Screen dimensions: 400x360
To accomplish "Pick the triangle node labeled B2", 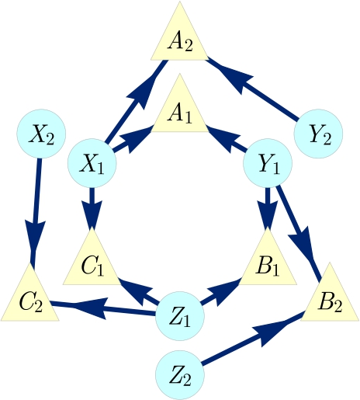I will (x=328, y=300).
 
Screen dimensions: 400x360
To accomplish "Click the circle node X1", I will (x=92, y=164).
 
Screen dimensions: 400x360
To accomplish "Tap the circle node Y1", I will (x=268, y=164).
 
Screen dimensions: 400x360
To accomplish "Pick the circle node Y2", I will (x=320, y=134).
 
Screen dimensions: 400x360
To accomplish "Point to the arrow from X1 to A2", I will (x=137, y=102).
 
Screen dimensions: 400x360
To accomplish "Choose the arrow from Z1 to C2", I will (x=104, y=308).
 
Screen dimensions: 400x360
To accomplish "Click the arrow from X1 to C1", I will (x=92, y=206).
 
